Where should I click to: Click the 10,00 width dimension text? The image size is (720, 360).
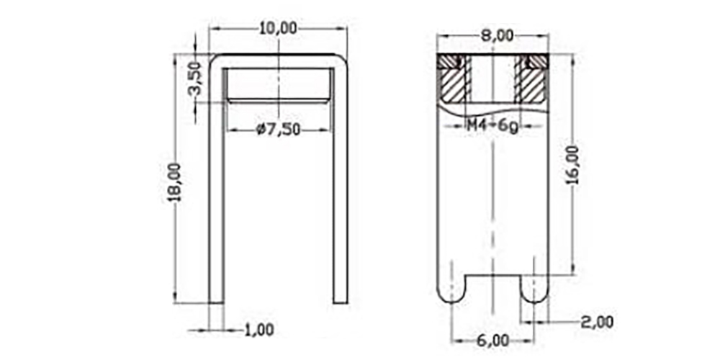pyautogui.click(x=278, y=28)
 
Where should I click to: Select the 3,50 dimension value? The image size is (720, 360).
pyautogui.click(x=195, y=78)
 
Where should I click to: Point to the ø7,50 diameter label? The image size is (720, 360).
pyautogui.click(x=278, y=130)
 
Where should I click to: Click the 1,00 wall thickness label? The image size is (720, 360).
pyautogui.click(x=258, y=330)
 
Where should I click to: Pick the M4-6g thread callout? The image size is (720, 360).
pyautogui.click(x=492, y=125)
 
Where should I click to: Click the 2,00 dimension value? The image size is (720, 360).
pyautogui.click(x=597, y=322)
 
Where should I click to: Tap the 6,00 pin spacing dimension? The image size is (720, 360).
pyautogui.click(x=492, y=341)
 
